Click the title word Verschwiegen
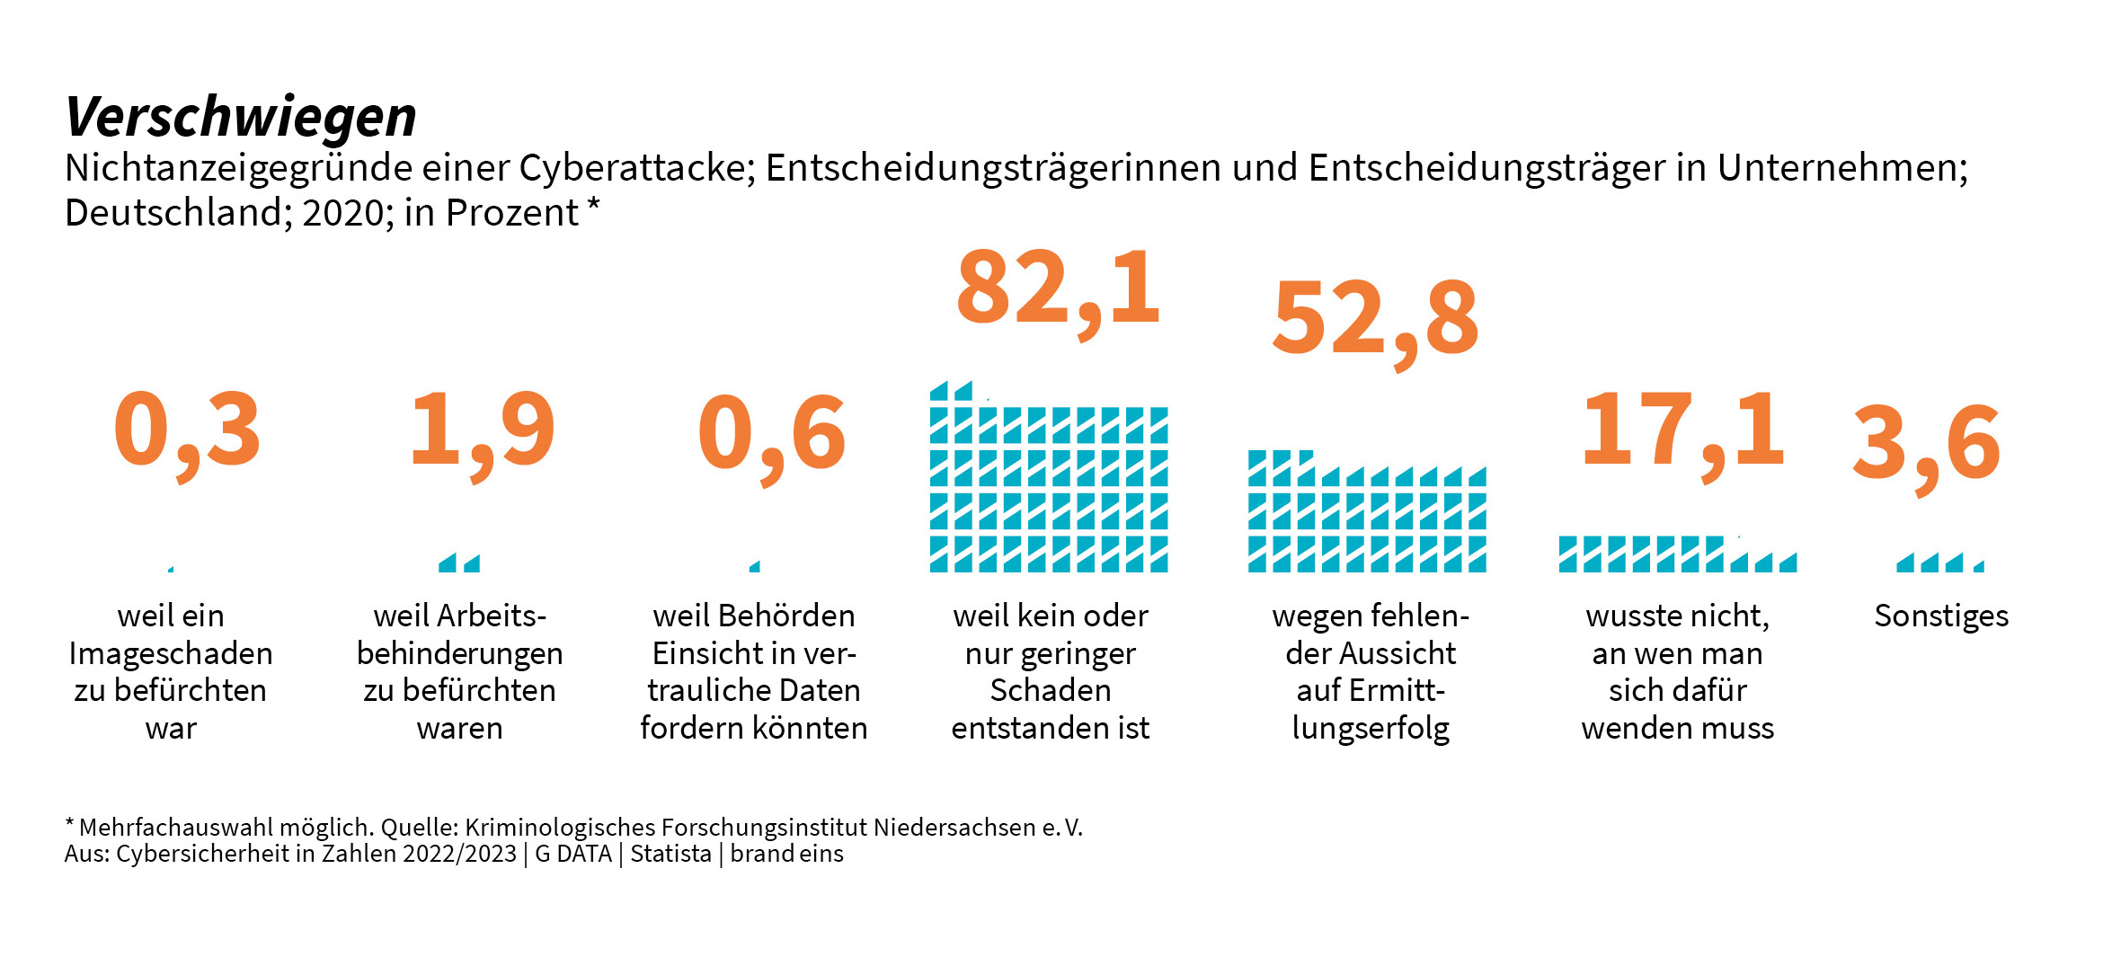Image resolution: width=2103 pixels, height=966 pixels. tap(241, 118)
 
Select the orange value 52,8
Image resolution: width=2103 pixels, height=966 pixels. tap(1375, 318)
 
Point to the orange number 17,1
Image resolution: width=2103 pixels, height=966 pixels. tap(1682, 431)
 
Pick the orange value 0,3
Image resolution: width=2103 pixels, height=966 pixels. tap(187, 431)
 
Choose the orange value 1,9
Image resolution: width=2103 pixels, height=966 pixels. tap(482, 431)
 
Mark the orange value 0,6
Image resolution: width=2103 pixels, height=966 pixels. tap(771, 435)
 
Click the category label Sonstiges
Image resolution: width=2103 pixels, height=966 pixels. tap(1941, 616)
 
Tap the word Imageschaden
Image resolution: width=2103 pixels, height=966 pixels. tap(171, 653)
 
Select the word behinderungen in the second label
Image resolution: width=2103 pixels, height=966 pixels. tap(459, 653)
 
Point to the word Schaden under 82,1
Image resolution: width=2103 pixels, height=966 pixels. tap(1050, 690)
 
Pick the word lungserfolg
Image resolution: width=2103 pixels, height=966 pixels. tap(1371, 728)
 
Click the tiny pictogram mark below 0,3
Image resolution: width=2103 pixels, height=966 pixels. tap(171, 569)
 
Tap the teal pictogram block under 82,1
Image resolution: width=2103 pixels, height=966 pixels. tap(1049, 489)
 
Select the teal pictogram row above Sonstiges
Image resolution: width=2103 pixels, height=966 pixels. tap(1939, 563)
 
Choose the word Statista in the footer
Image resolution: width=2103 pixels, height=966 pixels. tap(670, 854)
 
